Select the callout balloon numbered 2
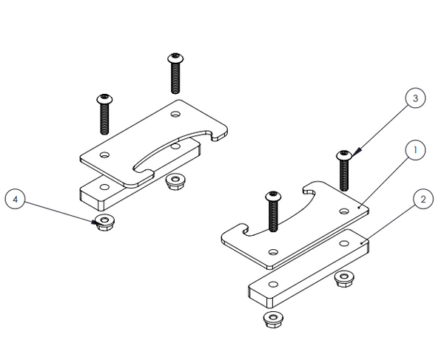(422, 199)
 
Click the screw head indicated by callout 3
(345, 155)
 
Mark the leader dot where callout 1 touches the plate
(358, 209)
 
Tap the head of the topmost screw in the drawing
(175, 57)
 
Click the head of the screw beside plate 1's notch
(273, 196)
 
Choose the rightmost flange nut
(343, 277)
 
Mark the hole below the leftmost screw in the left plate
(105, 155)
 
